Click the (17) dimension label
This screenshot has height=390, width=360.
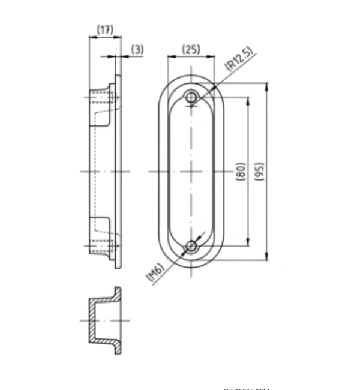click(105, 29)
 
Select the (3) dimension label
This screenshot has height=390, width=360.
click(137, 50)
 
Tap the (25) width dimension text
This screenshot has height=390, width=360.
click(191, 49)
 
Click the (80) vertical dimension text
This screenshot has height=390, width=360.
click(241, 172)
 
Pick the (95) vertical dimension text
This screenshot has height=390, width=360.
click(259, 172)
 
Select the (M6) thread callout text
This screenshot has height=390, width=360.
click(155, 272)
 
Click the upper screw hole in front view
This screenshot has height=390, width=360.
click(191, 97)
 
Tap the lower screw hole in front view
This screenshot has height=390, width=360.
click(191, 246)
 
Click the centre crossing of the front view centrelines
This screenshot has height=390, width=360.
click(191, 172)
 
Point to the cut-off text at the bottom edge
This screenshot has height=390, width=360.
click(247, 388)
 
